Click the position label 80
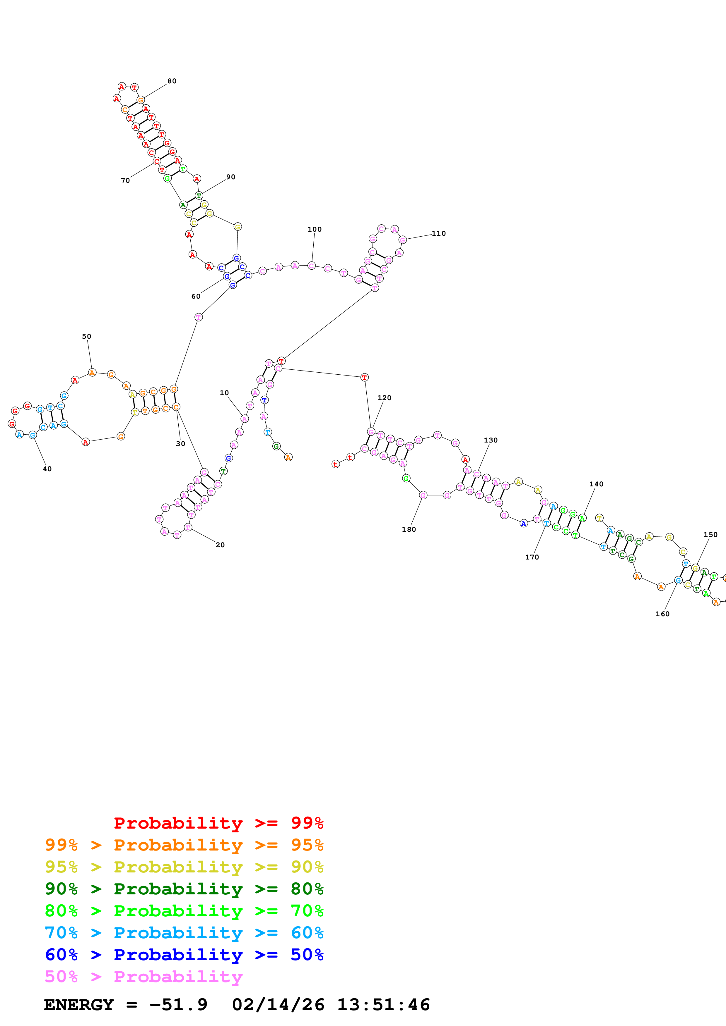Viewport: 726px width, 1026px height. click(x=172, y=81)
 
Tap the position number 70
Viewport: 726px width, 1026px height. click(x=125, y=180)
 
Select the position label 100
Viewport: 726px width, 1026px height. click(x=315, y=229)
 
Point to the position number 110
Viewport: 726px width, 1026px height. click(x=438, y=233)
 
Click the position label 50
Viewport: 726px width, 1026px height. click(x=86, y=336)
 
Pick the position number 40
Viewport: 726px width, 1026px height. click(x=47, y=469)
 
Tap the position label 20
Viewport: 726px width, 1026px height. click(x=220, y=545)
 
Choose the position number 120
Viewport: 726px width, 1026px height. click(x=384, y=398)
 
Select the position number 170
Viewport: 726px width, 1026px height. click(x=532, y=557)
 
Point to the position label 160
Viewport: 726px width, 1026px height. click(x=662, y=614)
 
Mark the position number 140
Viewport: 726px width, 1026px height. click(x=596, y=484)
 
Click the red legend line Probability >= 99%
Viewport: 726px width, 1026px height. click(x=218, y=823)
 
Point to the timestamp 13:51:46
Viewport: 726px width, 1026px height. click(x=383, y=1005)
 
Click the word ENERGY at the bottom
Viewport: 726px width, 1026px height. click(x=79, y=1005)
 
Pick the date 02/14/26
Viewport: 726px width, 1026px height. click(x=278, y=1005)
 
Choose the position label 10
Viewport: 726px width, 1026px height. click(x=224, y=393)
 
